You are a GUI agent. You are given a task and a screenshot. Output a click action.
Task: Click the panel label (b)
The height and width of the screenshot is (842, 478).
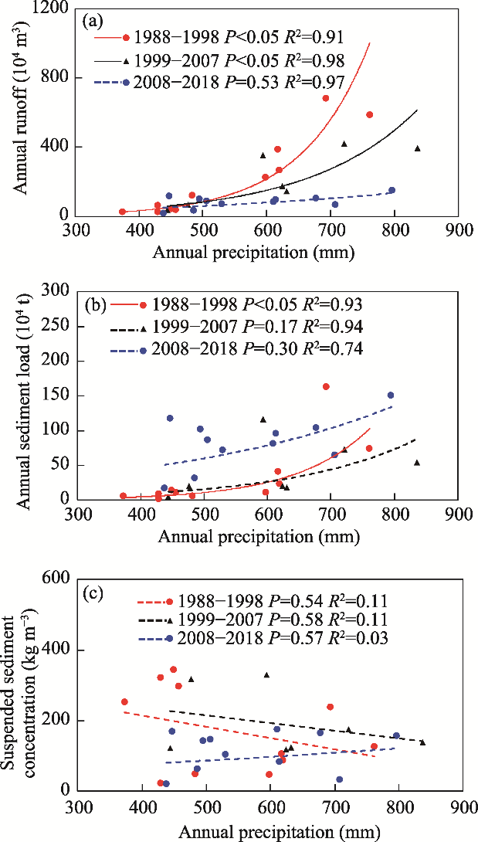click(93, 304)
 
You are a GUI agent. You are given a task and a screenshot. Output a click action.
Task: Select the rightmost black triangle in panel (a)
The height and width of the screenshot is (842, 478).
click(418, 148)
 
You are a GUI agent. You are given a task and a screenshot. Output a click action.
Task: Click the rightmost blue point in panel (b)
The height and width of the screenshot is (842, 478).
click(391, 396)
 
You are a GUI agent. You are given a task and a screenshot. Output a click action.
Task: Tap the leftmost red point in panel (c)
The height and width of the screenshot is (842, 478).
click(124, 701)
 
